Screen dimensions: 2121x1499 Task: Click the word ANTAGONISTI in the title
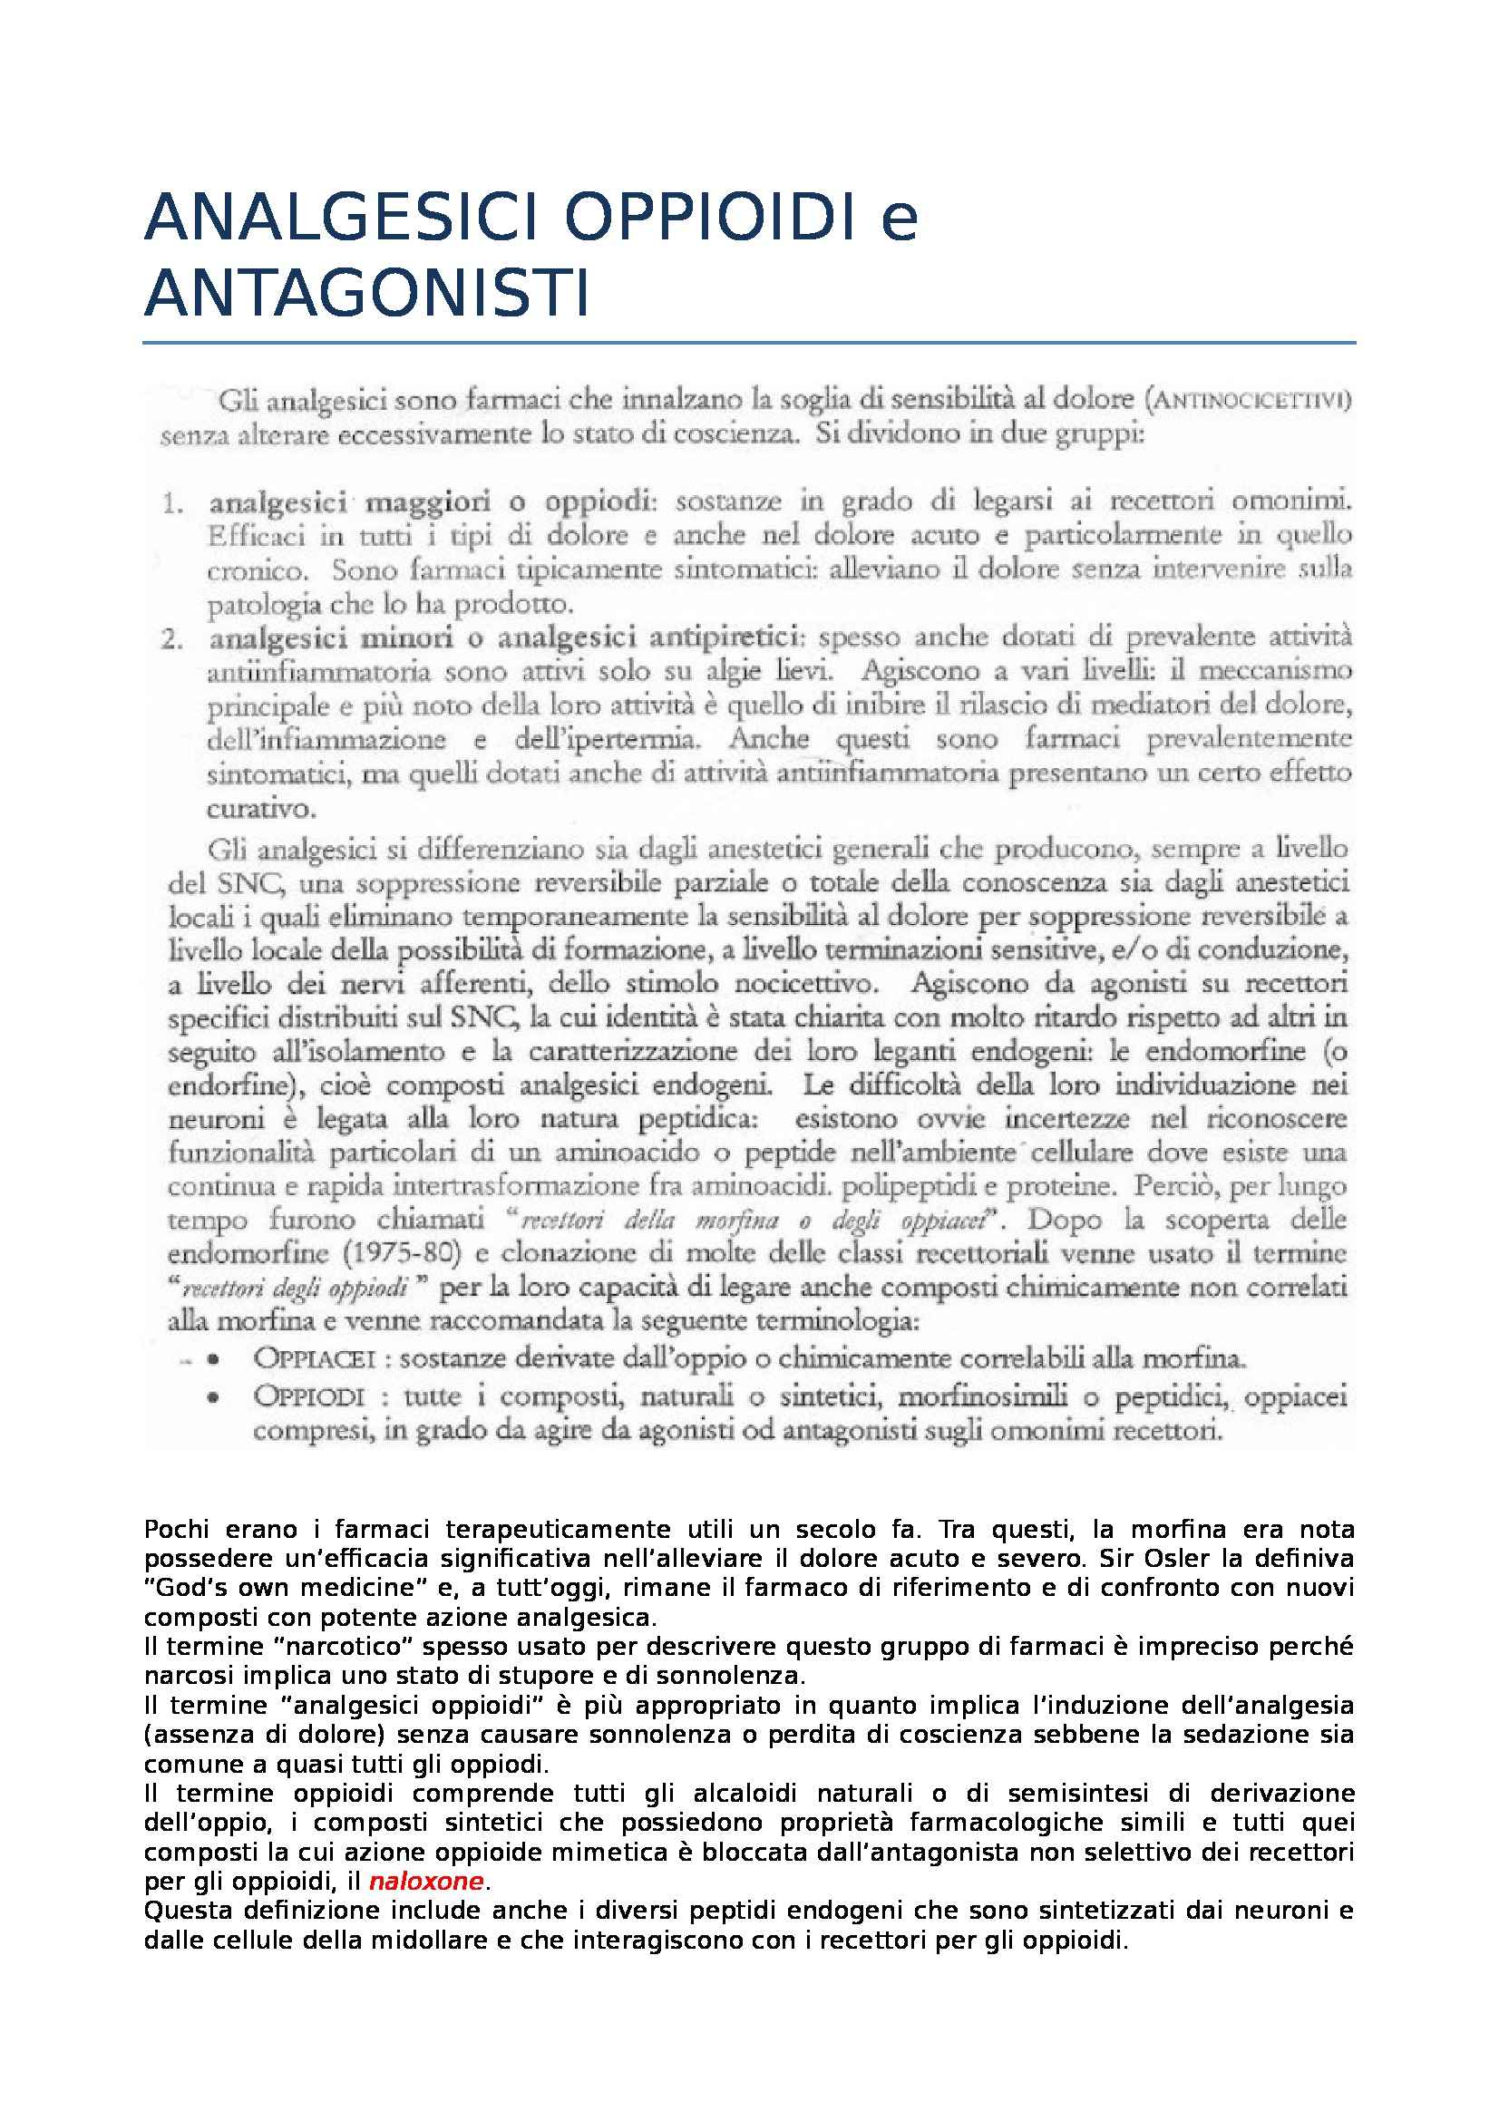(366, 294)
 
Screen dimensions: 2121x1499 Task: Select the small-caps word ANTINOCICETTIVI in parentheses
(1251, 401)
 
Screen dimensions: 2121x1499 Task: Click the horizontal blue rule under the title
(748, 343)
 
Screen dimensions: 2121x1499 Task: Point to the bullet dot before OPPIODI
(213, 1397)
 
